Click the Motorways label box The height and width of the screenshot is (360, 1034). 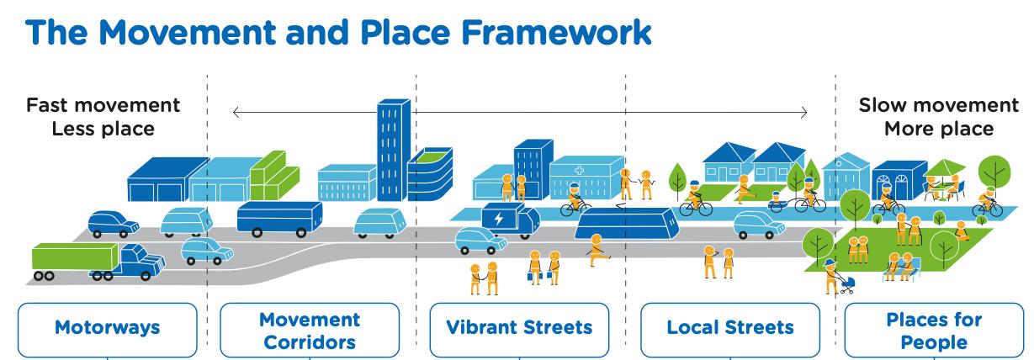[107, 327]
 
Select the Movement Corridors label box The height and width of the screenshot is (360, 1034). [310, 331]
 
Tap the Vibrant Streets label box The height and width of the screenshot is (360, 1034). [519, 327]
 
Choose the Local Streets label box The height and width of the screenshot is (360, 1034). [729, 327]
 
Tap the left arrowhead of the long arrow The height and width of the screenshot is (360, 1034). [237, 112]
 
